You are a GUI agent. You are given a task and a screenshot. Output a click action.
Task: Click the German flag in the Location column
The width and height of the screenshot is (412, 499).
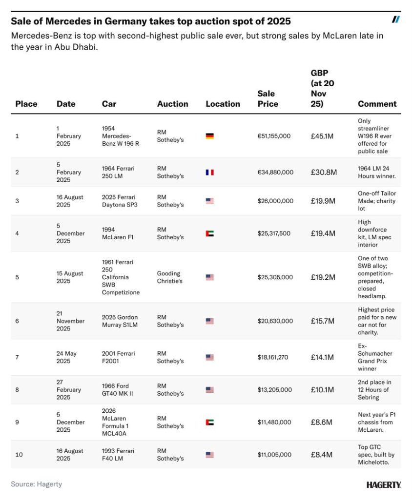click(x=209, y=136)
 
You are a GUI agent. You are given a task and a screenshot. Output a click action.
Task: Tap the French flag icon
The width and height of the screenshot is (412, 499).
click(x=209, y=172)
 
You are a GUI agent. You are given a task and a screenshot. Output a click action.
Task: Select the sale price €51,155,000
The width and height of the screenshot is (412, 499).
click(x=274, y=136)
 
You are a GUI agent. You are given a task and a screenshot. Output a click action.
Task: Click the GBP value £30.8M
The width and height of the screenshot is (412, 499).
click(x=323, y=172)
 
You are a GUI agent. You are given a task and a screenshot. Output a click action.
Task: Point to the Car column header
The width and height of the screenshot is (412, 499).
click(x=109, y=104)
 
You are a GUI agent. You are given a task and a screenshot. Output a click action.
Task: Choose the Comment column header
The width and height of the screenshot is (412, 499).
click(x=377, y=104)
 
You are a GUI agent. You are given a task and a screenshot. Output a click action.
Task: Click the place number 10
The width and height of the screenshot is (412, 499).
click(x=19, y=455)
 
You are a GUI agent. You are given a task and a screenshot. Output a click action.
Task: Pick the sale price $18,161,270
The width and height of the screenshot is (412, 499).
click(x=273, y=357)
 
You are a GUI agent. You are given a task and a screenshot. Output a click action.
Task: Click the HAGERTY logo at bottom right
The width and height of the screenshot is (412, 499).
click(x=384, y=485)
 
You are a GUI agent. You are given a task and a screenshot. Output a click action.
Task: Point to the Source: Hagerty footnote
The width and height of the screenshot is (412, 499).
click(x=37, y=484)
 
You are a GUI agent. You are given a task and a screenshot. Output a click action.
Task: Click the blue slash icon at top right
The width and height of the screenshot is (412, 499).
click(x=396, y=19)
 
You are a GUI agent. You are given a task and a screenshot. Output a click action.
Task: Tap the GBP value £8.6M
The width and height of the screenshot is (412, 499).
click(x=321, y=422)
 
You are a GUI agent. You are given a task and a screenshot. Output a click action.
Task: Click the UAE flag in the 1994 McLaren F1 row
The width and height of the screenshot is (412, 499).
click(x=209, y=233)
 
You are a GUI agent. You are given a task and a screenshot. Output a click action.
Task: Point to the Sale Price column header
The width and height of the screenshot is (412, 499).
click(x=268, y=98)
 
